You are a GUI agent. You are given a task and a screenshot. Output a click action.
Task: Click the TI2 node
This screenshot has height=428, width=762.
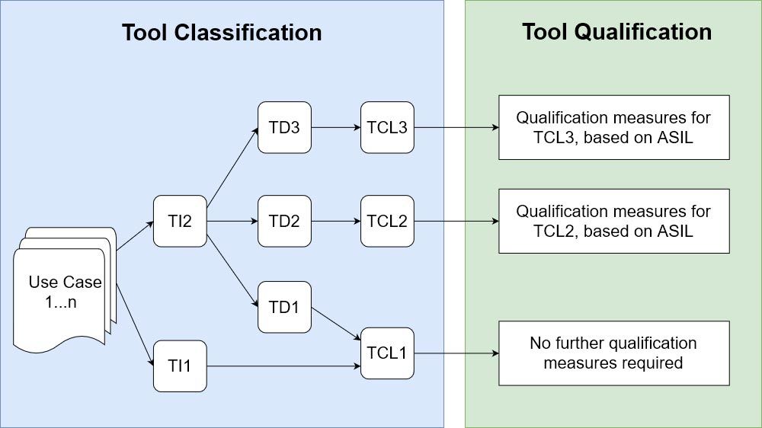(x=180, y=222)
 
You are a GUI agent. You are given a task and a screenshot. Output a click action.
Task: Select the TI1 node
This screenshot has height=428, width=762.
(x=180, y=366)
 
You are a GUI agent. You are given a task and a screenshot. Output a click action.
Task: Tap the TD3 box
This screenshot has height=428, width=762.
(x=284, y=127)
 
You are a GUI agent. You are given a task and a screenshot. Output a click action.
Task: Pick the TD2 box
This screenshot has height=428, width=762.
(x=284, y=222)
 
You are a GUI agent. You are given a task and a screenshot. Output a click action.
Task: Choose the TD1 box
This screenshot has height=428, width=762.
(x=284, y=307)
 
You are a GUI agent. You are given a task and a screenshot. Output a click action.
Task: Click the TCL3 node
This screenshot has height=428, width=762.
(x=387, y=127)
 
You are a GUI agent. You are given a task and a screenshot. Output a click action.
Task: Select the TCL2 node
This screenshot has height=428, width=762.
(x=387, y=222)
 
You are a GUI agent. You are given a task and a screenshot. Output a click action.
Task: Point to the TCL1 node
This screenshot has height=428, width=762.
(x=387, y=353)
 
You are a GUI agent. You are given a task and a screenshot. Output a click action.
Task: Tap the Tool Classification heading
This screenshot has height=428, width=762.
(x=222, y=33)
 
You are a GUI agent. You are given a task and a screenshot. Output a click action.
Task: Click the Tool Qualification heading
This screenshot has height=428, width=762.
(x=616, y=32)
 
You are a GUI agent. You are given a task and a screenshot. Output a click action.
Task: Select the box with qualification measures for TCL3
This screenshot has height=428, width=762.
(x=613, y=127)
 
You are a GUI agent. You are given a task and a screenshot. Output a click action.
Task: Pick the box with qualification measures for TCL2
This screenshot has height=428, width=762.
(x=613, y=221)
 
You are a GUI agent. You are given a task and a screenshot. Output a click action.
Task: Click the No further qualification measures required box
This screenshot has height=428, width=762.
(x=613, y=353)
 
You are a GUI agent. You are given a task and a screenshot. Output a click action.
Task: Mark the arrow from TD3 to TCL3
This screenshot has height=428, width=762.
(x=335, y=127)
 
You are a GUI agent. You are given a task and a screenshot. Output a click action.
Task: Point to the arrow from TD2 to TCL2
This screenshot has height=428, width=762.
(x=335, y=222)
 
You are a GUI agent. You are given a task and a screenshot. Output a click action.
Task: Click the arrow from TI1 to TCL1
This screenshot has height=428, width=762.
(x=283, y=366)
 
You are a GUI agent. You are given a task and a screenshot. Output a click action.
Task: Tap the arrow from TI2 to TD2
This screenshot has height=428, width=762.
(x=232, y=222)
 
